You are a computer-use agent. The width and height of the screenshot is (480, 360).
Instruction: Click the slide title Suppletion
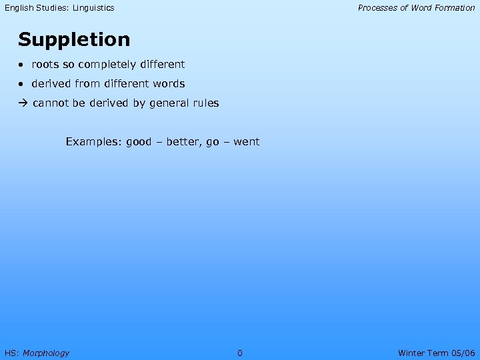[x=74, y=40]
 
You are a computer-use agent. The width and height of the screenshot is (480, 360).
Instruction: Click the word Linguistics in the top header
[x=93, y=8]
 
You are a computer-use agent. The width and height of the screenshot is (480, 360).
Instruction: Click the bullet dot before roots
[x=22, y=65]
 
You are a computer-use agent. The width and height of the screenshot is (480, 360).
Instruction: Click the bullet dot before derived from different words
[x=22, y=85]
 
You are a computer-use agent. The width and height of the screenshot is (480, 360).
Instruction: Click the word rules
[x=205, y=103]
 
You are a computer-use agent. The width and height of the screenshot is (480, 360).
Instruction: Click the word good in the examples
[x=139, y=141]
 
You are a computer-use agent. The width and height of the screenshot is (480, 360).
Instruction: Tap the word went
[x=247, y=141]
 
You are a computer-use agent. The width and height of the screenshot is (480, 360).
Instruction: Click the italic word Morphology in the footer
[x=46, y=353]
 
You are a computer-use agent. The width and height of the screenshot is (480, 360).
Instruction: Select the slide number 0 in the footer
[x=240, y=353]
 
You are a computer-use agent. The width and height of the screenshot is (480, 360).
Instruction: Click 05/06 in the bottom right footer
[x=462, y=353]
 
